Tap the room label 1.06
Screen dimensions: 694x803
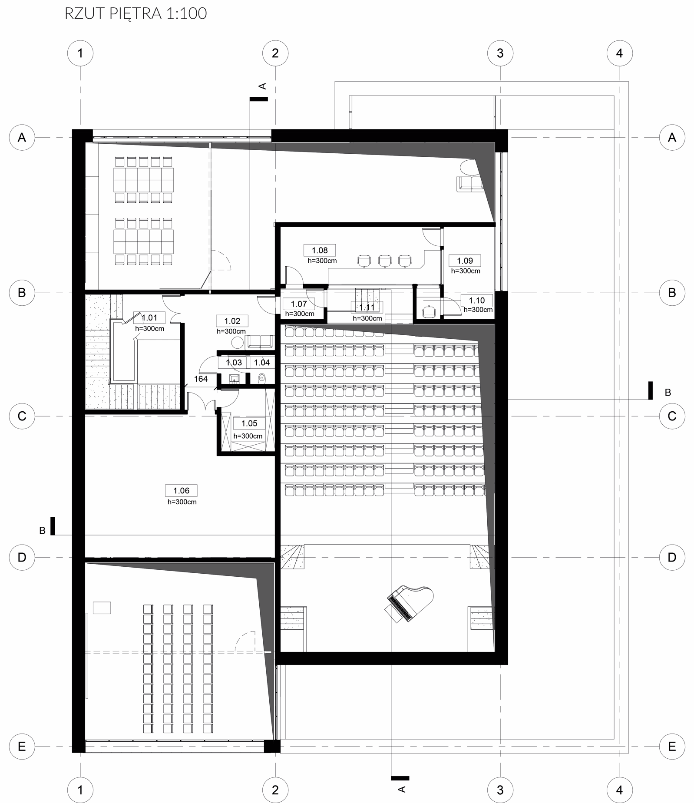(x=181, y=491)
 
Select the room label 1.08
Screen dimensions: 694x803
(x=320, y=250)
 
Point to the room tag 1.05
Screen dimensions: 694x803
(x=249, y=423)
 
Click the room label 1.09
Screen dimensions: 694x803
(x=465, y=261)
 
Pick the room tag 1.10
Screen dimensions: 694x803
(x=477, y=301)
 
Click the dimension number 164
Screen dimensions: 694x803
(x=201, y=379)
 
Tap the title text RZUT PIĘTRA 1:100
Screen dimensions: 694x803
(x=135, y=14)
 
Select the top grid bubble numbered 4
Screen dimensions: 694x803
(x=619, y=53)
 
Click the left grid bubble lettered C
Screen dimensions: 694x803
(x=22, y=416)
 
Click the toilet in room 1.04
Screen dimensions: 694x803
(x=262, y=379)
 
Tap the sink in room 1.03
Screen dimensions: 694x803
(x=234, y=379)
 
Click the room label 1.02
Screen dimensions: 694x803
(x=232, y=321)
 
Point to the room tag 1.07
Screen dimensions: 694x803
(x=299, y=304)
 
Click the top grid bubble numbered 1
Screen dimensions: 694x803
(x=80, y=53)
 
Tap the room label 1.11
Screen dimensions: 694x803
(x=367, y=307)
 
